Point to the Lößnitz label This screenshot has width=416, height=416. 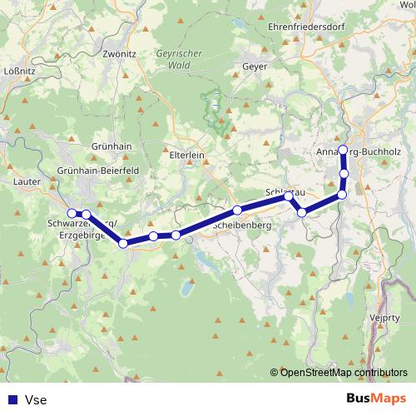pos(19,71)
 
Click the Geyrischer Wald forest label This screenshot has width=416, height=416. pos(173,57)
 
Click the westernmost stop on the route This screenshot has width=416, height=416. pos(72,213)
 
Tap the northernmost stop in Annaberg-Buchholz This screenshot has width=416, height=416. pos(343,150)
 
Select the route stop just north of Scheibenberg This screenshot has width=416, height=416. pos(237,210)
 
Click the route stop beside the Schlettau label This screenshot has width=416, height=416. pos(289,196)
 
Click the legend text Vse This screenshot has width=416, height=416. pos(36,399)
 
